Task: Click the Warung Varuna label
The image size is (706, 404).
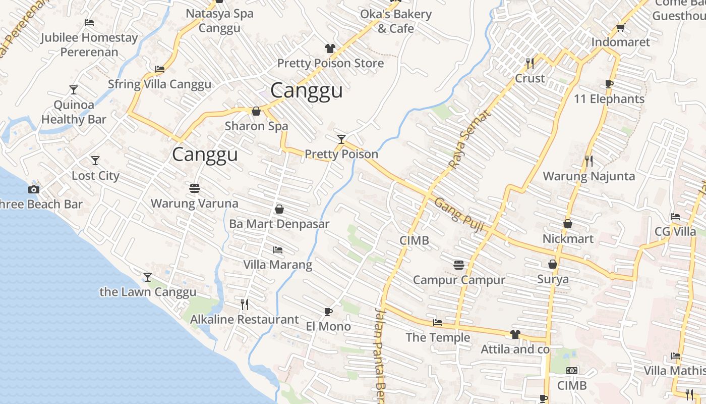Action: (195, 204)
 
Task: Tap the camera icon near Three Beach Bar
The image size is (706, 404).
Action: (34, 189)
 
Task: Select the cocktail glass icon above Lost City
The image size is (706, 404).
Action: (95, 161)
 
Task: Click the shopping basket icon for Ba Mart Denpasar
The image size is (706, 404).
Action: (279, 209)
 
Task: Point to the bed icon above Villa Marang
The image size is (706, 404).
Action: (278, 249)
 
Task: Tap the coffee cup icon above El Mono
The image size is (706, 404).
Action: (328, 312)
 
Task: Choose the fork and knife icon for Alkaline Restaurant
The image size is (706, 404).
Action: (245, 304)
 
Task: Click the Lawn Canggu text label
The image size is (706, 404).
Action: (148, 292)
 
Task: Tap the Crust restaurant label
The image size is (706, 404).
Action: (529, 78)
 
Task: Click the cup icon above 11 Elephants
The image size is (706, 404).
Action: (609, 84)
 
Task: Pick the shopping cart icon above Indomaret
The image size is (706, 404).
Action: (620, 27)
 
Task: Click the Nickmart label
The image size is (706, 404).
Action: (568, 238)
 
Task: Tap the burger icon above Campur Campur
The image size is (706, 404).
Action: (459, 265)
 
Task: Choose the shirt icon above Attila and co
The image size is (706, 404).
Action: (515, 334)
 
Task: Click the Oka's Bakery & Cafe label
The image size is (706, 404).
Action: (396, 21)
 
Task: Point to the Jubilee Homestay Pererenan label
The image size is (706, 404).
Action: (89, 44)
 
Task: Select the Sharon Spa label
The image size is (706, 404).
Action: (256, 126)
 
